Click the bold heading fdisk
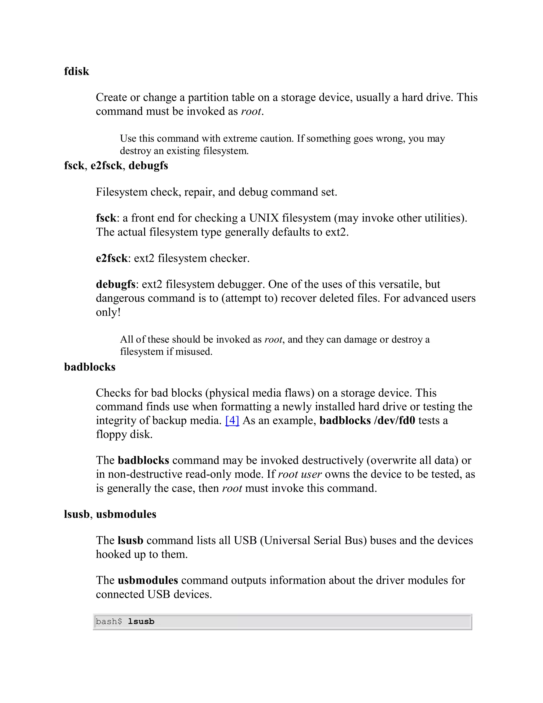coord(77,71)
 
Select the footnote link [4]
coord(232,420)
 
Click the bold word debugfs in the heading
coord(148,166)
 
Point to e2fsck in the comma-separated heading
coord(107,166)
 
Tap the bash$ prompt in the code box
coord(109,622)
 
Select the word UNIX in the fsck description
coord(264,218)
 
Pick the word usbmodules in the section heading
coord(126,514)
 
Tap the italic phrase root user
coord(300,474)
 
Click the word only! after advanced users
coord(108,312)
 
